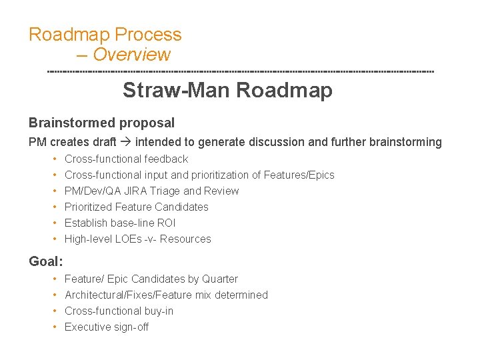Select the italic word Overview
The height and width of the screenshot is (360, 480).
click(x=131, y=55)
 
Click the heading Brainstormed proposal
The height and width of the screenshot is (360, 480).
click(x=101, y=123)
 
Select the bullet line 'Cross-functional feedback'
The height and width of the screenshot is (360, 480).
click(x=126, y=159)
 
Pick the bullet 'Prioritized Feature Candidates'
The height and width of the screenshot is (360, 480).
click(x=136, y=207)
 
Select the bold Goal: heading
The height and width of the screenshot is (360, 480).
click(x=46, y=261)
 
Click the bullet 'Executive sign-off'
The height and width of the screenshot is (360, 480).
click(x=106, y=327)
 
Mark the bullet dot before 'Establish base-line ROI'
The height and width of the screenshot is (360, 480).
click(x=53, y=223)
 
